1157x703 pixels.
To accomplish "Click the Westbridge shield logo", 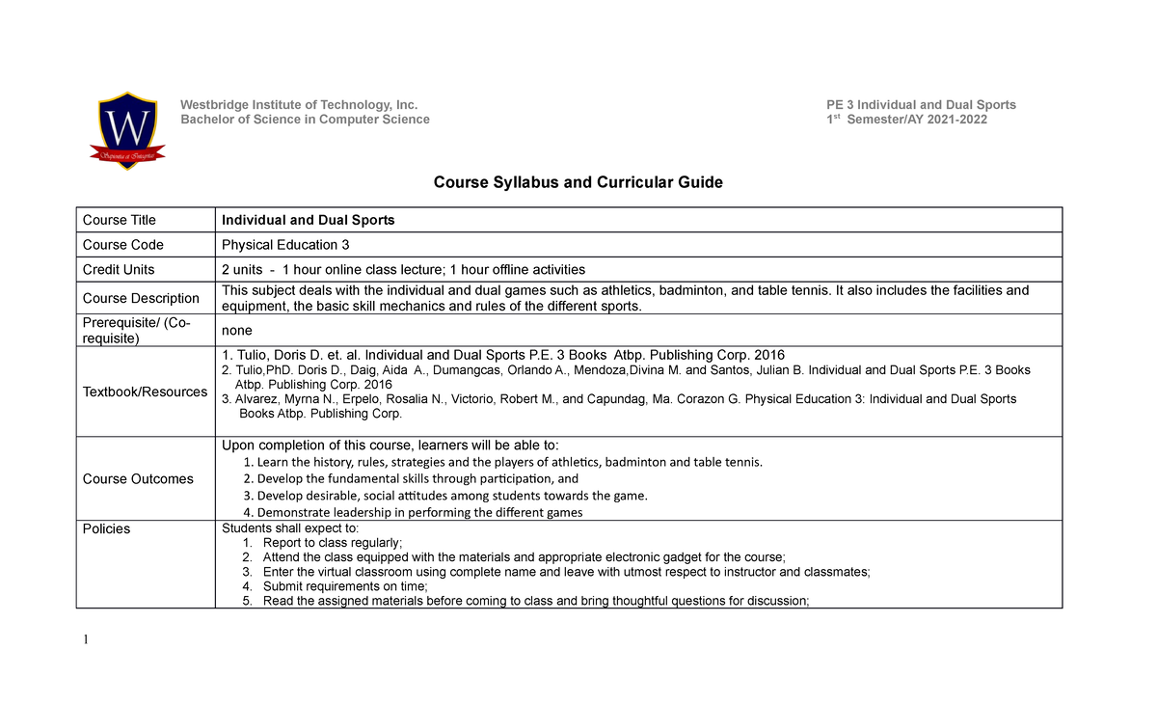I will pyautogui.click(x=128, y=131).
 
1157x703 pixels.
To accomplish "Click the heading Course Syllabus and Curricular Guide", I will pyautogui.click(x=578, y=182).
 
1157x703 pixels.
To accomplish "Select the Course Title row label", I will pyautogui.click(x=120, y=220).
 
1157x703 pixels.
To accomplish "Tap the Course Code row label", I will pyautogui.click(x=123, y=245).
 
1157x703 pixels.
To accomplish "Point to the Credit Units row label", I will pyautogui.click(x=119, y=270).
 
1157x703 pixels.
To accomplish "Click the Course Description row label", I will pyautogui.click(x=141, y=299).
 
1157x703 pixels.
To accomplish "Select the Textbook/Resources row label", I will pyautogui.click(x=145, y=392).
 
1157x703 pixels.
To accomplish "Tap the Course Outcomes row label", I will pyautogui.click(x=138, y=479).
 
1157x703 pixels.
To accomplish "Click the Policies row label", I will pyautogui.click(x=106, y=529).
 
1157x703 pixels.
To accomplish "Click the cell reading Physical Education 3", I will pyautogui.click(x=280, y=245).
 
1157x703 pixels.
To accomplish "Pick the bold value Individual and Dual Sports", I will pyautogui.click(x=309, y=220).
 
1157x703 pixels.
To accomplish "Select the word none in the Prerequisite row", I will pyautogui.click(x=237, y=330).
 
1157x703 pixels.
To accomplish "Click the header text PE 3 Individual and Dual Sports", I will pyautogui.click(x=921, y=105).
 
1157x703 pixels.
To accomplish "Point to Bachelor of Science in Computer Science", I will pyautogui.click(x=306, y=120).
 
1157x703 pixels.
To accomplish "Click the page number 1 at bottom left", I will pyautogui.click(x=86, y=639).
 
